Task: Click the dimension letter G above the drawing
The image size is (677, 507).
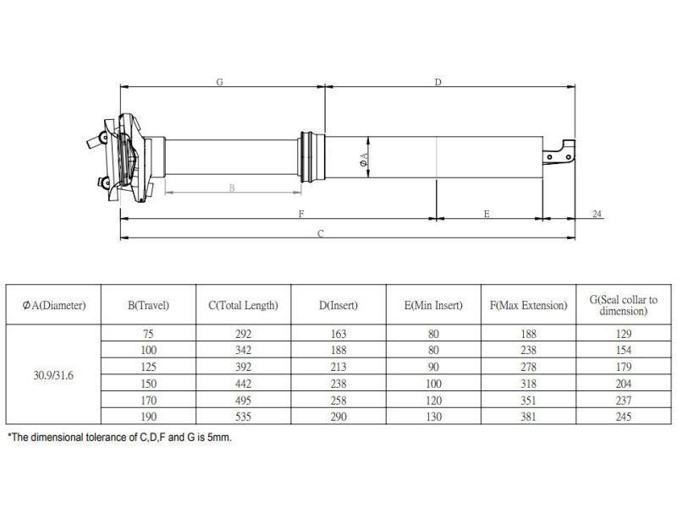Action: tap(219, 81)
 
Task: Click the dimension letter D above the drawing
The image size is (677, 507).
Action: tap(438, 82)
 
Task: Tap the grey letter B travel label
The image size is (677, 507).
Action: tap(232, 188)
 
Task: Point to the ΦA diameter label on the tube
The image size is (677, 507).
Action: tap(364, 160)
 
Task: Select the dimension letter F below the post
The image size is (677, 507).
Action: tap(301, 214)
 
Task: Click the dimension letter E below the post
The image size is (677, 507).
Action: tap(487, 214)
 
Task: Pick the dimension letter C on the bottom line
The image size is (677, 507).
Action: tap(321, 233)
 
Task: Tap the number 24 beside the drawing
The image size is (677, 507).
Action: tap(597, 214)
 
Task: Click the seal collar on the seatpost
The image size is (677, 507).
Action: tap(311, 157)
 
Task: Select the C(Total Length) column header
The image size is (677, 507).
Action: tap(243, 305)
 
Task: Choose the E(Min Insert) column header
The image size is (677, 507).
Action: tap(433, 305)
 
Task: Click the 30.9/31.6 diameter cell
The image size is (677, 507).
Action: tap(53, 375)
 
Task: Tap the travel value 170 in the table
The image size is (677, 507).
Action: tap(148, 400)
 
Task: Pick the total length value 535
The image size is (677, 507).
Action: tap(243, 417)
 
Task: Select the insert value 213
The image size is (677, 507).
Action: tap(338, 367)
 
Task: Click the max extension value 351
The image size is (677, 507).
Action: tap(528, 400)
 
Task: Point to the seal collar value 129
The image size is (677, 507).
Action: tap(624, 333)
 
